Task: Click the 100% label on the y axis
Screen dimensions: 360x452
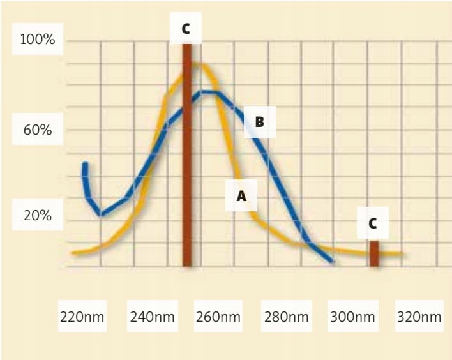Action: coord(38,40)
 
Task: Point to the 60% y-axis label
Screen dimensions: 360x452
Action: coord(38,130)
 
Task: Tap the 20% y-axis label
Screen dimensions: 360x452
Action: coord(38,216)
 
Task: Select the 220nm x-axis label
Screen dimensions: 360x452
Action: coord(82,317)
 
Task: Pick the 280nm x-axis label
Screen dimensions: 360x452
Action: coord(285,317)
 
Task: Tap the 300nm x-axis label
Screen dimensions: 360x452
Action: coord(352,317)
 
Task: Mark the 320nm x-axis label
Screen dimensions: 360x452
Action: coord(419,317)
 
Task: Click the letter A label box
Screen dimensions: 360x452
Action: coord(241,197)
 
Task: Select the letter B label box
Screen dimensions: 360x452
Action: coord(259,121)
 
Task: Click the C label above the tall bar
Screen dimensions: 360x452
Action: coord(186,29)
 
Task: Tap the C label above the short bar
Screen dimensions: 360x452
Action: coord(373,223)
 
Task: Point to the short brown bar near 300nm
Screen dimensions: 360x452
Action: coord(374,253)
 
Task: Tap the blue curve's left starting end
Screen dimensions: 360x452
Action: coord(84,165)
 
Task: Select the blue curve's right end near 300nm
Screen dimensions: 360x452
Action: coord(331,260)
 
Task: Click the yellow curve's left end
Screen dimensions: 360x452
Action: coord(73,253)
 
